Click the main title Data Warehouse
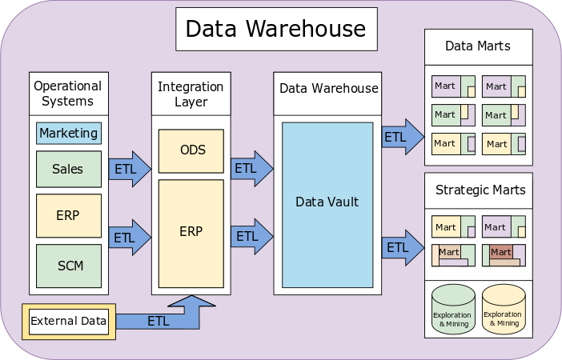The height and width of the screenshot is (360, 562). tap(276, 30)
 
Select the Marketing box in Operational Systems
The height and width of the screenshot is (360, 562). tap(68, 133)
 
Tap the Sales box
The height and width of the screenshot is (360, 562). tap(68, 169)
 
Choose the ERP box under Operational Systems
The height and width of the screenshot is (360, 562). tap(68, 215)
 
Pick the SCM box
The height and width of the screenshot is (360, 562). tap(68, 266)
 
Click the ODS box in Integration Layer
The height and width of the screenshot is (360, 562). tap(191, 150)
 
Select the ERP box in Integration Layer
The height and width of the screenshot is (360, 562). tap(191, 232)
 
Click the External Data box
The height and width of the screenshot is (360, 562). tap(68, 322)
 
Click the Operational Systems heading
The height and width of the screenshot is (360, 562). tap(68, 94)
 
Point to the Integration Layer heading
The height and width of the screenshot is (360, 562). tap(191, 94)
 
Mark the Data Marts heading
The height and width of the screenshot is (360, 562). tap(478, 46)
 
